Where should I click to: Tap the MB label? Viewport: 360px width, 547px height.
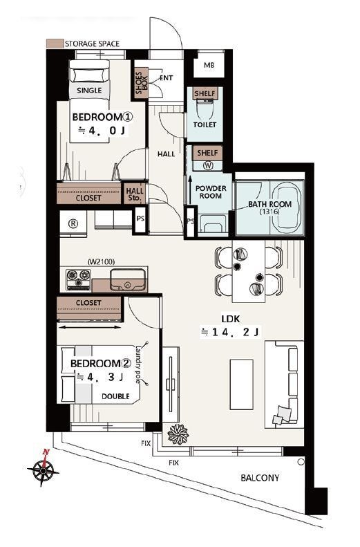(x=209, y=65)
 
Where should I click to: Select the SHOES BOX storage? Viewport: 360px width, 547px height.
(x=142, y=83)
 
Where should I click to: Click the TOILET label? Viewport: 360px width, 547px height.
(x=205, y=124)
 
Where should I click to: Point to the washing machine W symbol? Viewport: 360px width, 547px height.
(x=209, y=166)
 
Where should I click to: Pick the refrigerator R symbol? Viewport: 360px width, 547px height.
(x=73, y=223)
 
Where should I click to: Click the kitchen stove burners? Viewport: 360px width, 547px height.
(x=79, y=279)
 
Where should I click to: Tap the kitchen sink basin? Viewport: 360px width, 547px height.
(x=128, y=279)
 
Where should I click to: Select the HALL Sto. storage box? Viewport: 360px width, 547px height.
(x=135, y=194)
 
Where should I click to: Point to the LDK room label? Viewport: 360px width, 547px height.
(x=230, y=319)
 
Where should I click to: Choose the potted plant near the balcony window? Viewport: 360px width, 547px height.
(x=178, y=434)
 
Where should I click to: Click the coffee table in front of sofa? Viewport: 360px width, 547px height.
(x=242, y=384)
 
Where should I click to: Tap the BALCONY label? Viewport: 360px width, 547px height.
(x=260, y=478)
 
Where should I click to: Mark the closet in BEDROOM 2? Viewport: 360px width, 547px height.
(x=89, y=308)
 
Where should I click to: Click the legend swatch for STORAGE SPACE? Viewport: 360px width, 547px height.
(x=55, y=44)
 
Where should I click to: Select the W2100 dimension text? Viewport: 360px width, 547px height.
(x=101, y=261)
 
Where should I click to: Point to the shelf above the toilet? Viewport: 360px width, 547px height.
(x=205, y=93)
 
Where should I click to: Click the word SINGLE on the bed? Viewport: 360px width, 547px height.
(x=89, y=91)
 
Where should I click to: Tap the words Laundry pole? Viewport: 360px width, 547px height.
(x=139, y=364)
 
